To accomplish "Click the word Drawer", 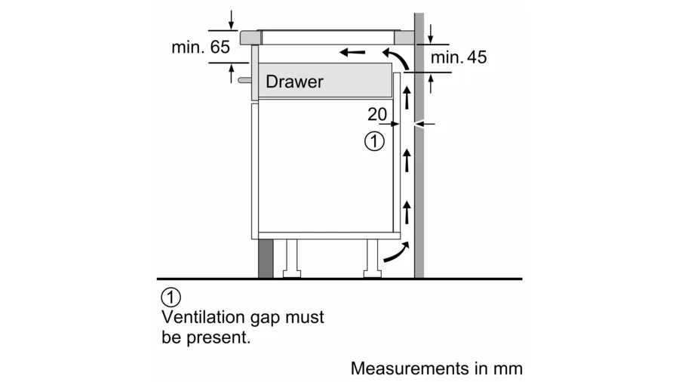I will coord(294,82).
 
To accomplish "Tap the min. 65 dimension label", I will coord(200,47).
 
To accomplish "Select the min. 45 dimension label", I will coord(459,57).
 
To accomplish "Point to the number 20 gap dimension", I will coord(377,115).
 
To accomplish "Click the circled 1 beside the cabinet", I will coord(374,140).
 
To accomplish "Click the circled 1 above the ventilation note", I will coord(171,297).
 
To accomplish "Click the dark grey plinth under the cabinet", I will coord(265,258).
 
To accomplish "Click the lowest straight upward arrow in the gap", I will coord(407,211).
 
